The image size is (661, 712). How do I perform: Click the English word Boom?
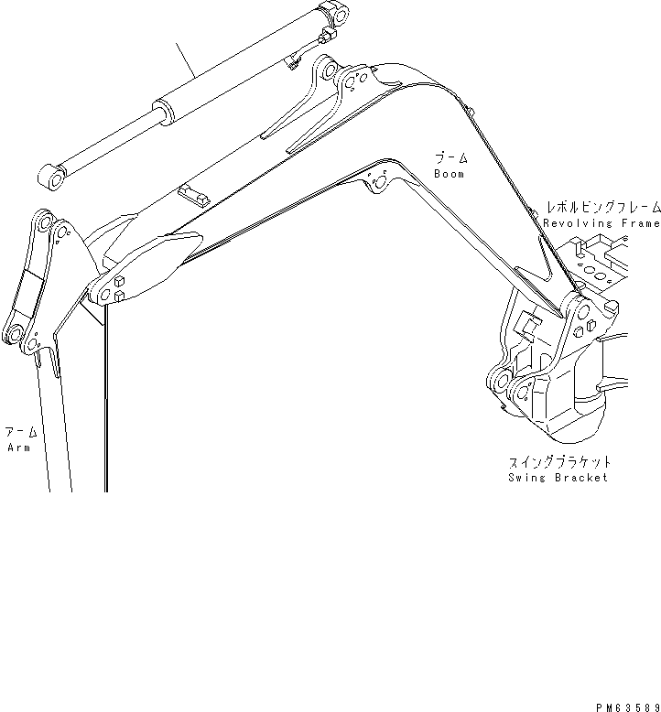click(449, 174)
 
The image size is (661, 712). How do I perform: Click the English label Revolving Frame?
click(601, 223)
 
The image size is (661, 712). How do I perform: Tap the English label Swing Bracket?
click(558, 478)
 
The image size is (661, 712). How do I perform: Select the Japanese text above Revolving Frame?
click(602, 208)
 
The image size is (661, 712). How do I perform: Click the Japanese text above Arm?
click(20, 432)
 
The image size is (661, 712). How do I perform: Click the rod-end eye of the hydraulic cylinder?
click(52, 177)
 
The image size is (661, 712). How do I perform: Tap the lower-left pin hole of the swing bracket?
click(502, 380)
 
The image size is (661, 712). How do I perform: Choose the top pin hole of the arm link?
click(41, 222)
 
